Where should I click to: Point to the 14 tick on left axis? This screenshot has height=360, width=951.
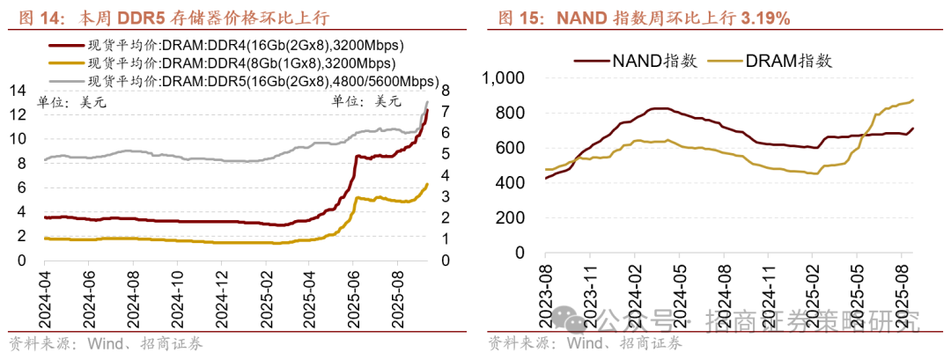(x=17, y=90)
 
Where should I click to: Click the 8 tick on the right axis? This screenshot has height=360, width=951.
(x=446, y=90)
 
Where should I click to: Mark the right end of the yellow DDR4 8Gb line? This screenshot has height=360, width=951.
(x=428, y=183)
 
